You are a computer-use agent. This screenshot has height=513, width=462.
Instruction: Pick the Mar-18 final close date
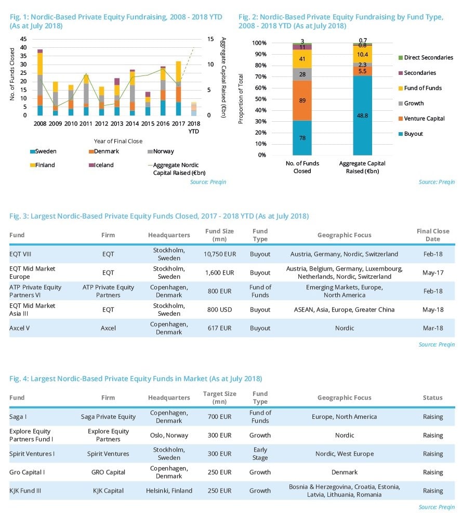click(432, 328)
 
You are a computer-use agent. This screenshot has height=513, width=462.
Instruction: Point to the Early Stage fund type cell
click(260, 454)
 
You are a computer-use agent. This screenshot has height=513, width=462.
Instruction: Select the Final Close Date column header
click(432, 235)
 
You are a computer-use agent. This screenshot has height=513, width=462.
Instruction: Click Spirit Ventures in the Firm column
click(108, 454)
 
